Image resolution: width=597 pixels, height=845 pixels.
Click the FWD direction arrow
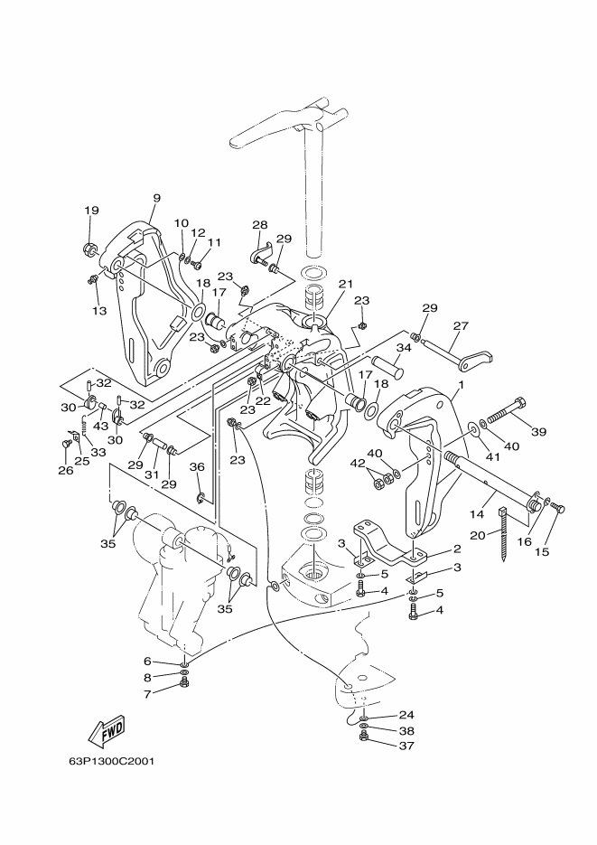pyautogui.click(x=107, y=731)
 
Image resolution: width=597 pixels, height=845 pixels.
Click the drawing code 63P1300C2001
pyautogui.click(x=111, y=762)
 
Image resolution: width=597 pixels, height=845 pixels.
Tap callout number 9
pyautogui.click(x=156, y=198)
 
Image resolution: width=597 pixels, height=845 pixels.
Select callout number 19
pyautogui.click(x=91, y=211)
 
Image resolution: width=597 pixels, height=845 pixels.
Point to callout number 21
pyautogui.click(x=345, y=284)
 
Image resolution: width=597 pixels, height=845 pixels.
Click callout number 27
pyautogui.click(x=461, y=325)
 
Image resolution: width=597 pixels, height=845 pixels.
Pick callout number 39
pyautogui.click(x=538, y=432)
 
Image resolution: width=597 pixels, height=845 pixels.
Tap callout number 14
pyautogui.click(x=477, y=514)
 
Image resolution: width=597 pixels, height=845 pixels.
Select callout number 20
pyautogui.click(x=478, y=535)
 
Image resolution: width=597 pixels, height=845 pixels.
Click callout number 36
pyautogui.click(x=197, y=466)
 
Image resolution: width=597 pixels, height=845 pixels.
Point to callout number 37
pyautogui.click(x=407, y=746)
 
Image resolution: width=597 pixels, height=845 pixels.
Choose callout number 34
pyautogui.click(x=404, y=348)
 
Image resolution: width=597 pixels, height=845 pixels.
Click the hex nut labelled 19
pyautogui.click(x=89, y=249)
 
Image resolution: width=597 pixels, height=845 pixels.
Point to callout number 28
pyautogui.click(x=260, y=225)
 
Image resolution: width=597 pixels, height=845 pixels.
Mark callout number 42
pyautogui.click(x=358, y=464)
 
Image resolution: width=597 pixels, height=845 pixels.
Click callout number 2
pyautogui.click(x=457, y=549)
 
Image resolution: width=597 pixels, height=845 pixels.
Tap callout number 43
pyautogui.click(x=100, y=426)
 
